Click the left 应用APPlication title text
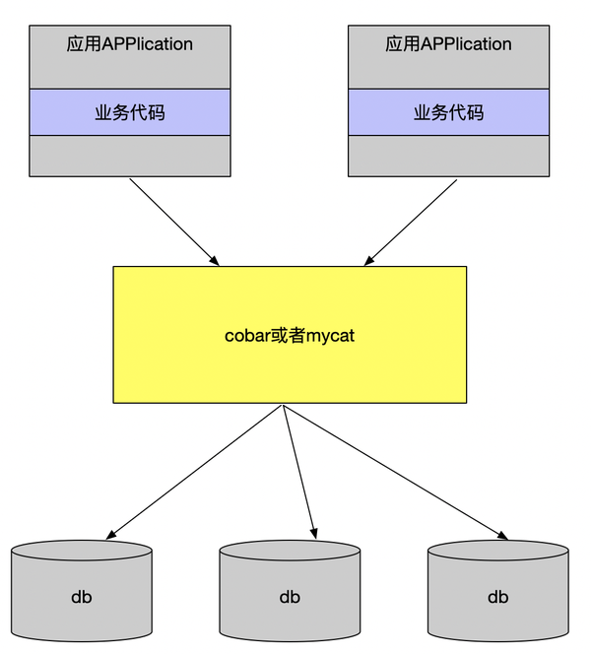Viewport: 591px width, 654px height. [x=130, y=43]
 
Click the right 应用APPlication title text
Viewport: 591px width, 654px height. [x=448, y=43]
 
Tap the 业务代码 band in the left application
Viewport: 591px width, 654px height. [x=130, y=112]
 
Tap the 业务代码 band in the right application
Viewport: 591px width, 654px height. [x=449, y=112]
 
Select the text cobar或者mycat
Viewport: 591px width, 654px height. [x=290, y=335]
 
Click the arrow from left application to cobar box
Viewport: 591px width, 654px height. [x=174, y=223]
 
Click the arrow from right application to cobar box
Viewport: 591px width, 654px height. [x=411, y=223]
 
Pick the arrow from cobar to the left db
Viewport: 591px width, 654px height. [x=194, y=472]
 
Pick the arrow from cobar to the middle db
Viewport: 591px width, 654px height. [x=299, y=472]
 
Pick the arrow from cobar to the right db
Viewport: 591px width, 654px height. [x=395, y=472]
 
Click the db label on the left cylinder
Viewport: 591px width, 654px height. [x=82, y=597]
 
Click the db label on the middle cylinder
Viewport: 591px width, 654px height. [x=290, y=597]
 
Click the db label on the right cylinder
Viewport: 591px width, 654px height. [x=498, y=597]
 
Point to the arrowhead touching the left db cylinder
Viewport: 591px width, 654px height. [x=111, y=535]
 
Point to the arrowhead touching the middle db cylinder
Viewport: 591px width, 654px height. [x=314, y=534]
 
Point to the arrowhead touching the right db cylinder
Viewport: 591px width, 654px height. [x=502, y=536]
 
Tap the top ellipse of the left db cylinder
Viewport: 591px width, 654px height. [x=82, y=551]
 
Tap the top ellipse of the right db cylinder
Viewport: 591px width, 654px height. [x=498, y=551]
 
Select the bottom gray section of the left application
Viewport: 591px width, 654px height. [x=130, y=156]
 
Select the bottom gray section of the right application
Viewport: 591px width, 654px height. [x=449, y=156]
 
